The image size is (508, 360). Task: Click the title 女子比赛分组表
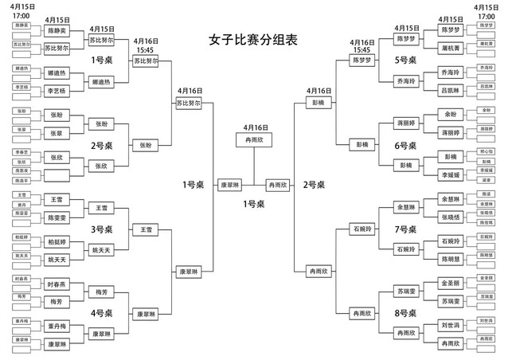click(x=253, y=39)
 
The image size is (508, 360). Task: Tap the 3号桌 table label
click(x=103, y=229)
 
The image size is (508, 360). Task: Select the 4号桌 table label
click(x=103, y=312)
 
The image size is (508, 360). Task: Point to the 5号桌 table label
click(x=406, y=59)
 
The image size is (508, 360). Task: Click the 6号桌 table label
click(x=406, y=147)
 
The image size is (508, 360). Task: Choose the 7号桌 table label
click(x=406, y=229)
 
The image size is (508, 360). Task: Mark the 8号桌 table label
click(x=406, y=312)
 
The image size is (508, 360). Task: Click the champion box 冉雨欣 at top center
click(x=253, y=139)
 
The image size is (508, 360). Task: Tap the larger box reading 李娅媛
click(x=451, y=173)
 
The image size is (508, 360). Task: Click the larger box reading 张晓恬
click(x=451, y=217)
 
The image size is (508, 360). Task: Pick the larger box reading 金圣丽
click(x=451, y=283)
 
